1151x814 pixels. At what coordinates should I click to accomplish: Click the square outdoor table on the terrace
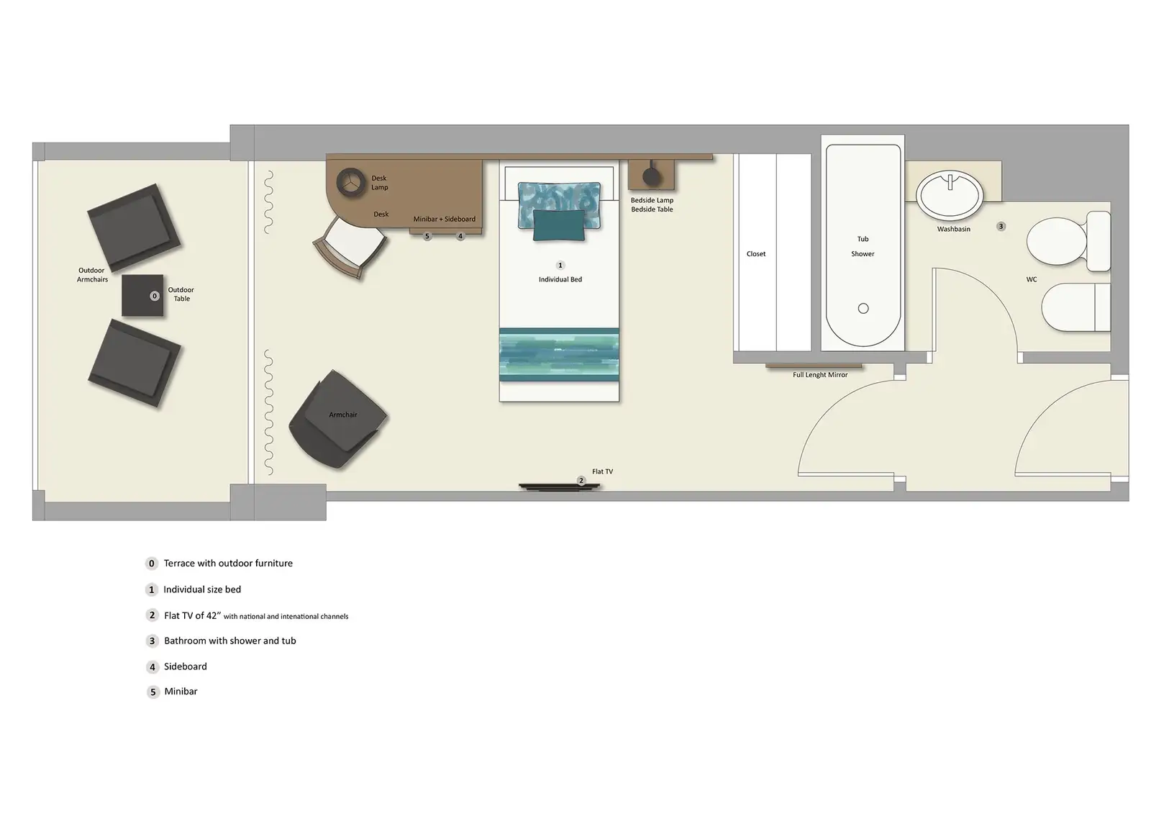coord(142,295)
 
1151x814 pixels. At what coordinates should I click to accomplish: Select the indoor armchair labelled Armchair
coord(337,420)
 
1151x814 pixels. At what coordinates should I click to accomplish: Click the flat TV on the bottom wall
coord(560,487)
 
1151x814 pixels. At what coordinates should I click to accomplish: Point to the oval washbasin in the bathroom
coord(950,194)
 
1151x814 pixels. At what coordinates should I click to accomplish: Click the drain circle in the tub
coord(863,308)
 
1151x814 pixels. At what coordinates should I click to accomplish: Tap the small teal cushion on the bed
coord(559,225)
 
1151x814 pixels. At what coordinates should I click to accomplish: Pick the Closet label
coord(756,254)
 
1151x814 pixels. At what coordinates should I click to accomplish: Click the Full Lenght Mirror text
coord(820,375)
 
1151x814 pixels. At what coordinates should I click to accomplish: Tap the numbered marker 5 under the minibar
coord(427,236)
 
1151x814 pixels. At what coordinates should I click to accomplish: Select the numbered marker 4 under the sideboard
coord(460,236)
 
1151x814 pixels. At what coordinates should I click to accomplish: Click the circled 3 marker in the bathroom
coord(1001,226)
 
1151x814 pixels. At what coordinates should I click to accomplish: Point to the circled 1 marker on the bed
coord(560,266)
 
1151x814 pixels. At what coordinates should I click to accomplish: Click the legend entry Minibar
coord(181,692)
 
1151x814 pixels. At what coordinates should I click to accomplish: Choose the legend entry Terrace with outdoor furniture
coord(228,564)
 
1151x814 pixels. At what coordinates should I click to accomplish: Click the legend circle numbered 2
coord(152,615)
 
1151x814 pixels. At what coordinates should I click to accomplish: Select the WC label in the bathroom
coord(1032,279)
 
